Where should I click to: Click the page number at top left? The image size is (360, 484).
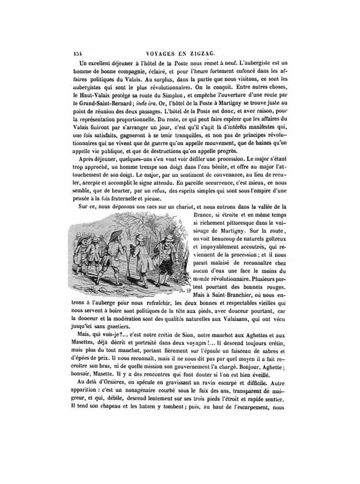[78, 55]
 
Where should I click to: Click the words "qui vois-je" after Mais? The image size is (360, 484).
[103, 337]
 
